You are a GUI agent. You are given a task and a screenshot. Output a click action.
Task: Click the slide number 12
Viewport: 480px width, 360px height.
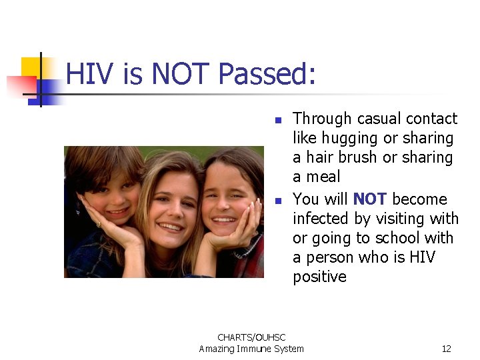tap(446, 349)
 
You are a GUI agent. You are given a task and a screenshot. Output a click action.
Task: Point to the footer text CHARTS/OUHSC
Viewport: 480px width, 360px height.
tap(251, 338)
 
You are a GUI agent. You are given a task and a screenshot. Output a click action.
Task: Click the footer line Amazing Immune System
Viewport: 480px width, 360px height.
tap(251, 349)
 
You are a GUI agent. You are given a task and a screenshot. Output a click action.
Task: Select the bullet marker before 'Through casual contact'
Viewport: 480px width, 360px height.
tap(279, 121)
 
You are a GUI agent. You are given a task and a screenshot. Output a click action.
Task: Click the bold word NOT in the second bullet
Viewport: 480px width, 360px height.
tap(370, 199)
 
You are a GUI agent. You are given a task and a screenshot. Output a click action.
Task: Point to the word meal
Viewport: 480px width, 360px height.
tap(325, 177)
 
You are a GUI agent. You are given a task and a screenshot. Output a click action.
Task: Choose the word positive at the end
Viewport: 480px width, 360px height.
tap(320, 277)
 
